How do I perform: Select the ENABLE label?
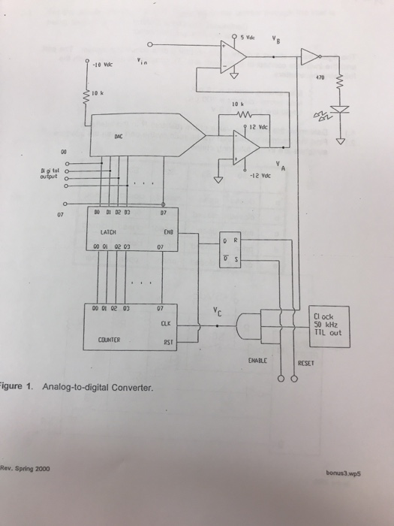point(258,361)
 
